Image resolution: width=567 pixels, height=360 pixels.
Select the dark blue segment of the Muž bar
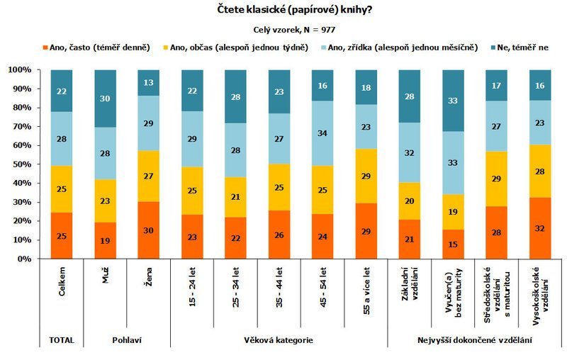[x=105, y=99]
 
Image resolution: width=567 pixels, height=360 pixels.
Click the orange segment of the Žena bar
[x=149, y=230]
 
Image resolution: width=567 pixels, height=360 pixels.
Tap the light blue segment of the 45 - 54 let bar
[x=323, y=133]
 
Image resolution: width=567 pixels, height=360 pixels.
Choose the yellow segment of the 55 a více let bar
[x=366, y=176]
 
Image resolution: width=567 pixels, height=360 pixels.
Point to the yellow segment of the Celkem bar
[x=62, y=189]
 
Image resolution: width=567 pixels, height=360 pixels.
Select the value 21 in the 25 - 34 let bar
[x=236, y=196]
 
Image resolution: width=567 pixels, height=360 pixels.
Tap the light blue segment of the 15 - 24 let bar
[x=192, y=139]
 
